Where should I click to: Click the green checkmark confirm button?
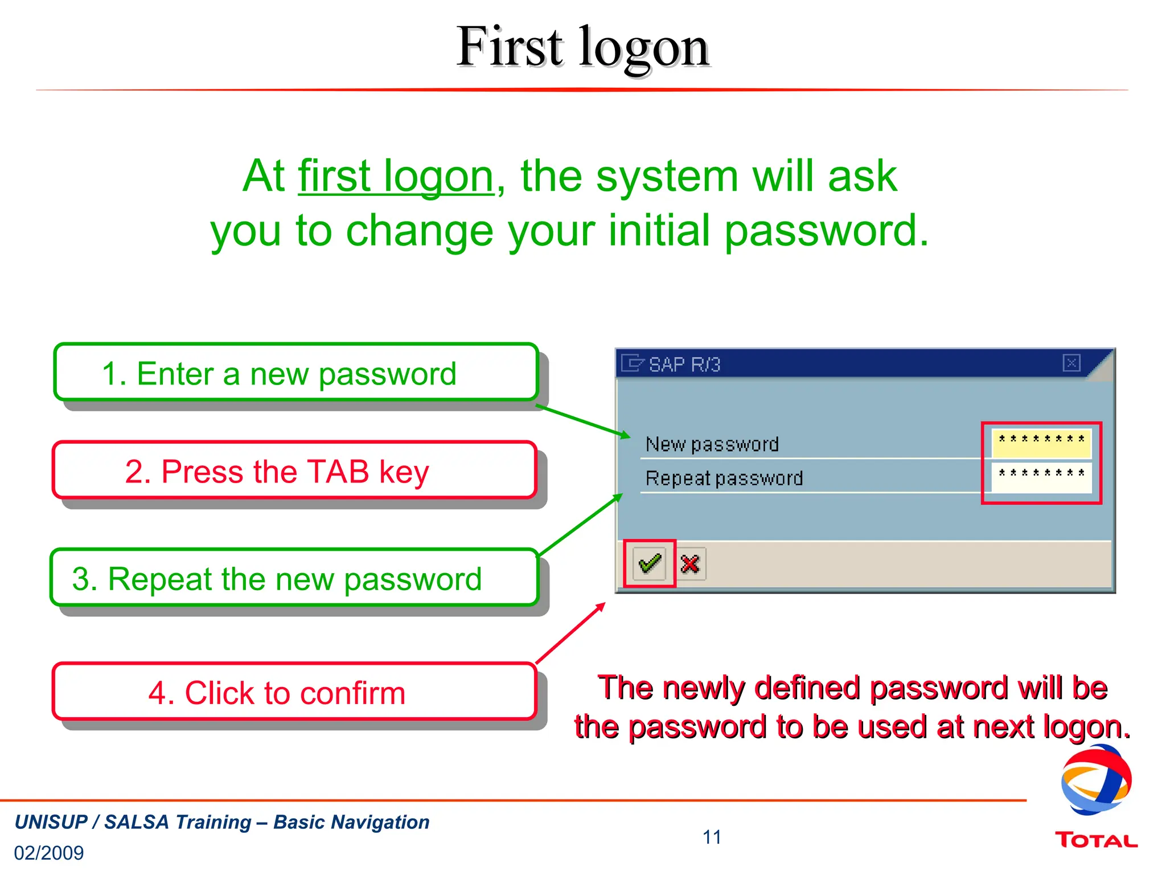coord(650,563)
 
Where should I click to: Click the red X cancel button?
coord(690,564)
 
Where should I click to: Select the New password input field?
coord(1041,443)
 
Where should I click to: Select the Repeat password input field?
coord(1041,477)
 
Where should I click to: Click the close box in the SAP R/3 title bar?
coord(1071,363)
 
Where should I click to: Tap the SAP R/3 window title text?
coord(684,365)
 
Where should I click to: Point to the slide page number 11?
coord(712,837)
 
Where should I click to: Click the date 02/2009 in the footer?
coord(49,853)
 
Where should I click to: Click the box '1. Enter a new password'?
coord(296,373)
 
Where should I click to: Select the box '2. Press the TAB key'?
coord(294,471)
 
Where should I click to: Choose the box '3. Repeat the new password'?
coord(294,578)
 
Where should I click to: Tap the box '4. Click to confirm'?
coord(294,692)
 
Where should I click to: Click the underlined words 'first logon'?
coord(396,177)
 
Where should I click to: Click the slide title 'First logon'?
coord(582,47)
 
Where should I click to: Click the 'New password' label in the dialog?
coord(712,444)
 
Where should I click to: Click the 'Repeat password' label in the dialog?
coord(724,478)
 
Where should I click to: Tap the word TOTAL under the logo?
coord(1095,840)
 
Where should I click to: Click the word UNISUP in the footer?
coord(51,822)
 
